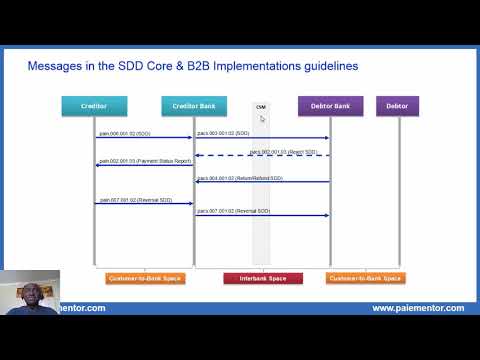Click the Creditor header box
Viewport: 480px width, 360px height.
click(x=94, y=106)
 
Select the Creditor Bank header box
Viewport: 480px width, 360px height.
click(x=194, y=106)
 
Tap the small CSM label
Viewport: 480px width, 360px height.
click(x=261, y=106)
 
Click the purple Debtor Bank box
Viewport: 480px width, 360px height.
click(x=330, y=106)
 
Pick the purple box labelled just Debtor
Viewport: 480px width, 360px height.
click(x=397, y=106)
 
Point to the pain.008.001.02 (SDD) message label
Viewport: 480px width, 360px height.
click(x=125, y=133)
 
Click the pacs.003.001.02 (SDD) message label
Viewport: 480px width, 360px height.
click(x=223, y=133)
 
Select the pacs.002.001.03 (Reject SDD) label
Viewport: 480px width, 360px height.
click(x=283, y=151)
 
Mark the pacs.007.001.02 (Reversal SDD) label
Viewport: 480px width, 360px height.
click(x=233, y=211)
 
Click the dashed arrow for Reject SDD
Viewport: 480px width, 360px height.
click(x=262, y=156)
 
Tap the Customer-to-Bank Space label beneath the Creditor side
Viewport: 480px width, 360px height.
click(x=144, y=278)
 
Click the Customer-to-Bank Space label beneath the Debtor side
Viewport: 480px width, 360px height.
click(x=364, y=278)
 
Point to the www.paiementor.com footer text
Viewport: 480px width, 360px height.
click(x=417, y=308)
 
